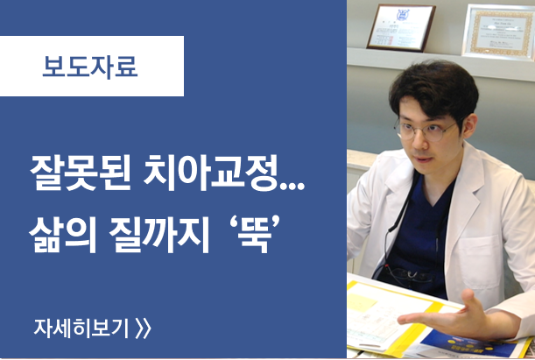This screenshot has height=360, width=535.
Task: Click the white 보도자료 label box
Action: tap(92, 66)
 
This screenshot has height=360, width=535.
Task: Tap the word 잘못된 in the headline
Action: tap(81, 173)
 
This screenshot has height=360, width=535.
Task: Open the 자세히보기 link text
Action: tap(81, 328)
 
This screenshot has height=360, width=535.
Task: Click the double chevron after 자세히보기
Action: tap(144, 328)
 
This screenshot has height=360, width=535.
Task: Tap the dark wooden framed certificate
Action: tap(401, 28)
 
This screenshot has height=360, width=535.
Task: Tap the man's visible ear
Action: tap(468, 125)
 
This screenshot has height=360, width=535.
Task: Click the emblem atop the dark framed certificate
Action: tap(402, 15)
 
